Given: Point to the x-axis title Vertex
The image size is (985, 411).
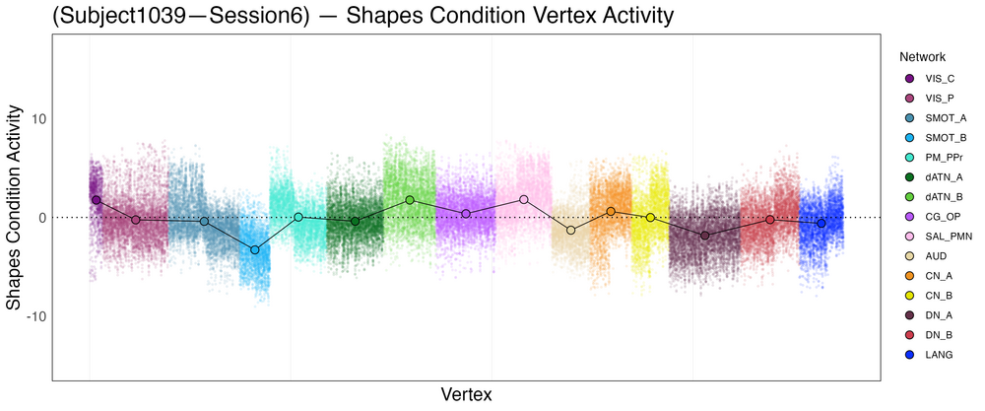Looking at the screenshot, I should tap(466, 394).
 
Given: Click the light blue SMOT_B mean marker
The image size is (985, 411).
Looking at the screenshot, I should tap(255, 250).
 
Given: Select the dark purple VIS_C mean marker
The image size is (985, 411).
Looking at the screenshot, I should tap(97, 200).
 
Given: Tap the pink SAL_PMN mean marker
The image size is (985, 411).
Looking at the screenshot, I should tap(524, 200).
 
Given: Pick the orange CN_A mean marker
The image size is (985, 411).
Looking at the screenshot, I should tap(611, 212).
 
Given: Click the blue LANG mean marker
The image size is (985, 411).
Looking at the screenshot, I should tap(821, 224).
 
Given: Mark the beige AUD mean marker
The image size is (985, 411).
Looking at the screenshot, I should tap(571, 231).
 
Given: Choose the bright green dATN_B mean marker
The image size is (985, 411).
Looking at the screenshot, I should tap(410, 200).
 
